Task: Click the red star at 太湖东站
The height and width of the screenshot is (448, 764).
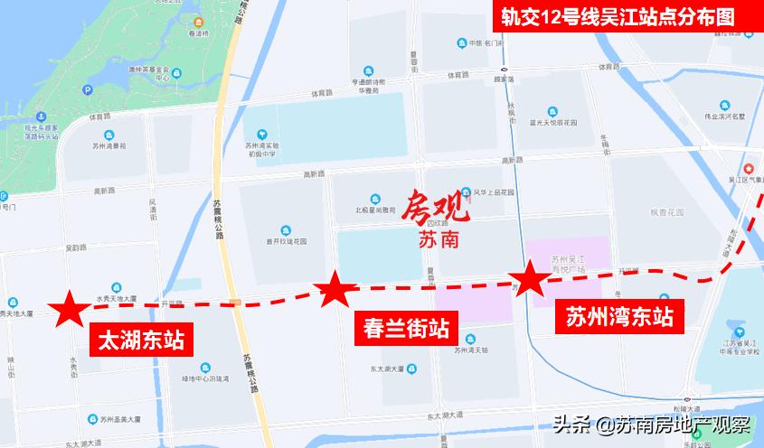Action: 68,309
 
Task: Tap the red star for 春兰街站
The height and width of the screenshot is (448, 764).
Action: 335,290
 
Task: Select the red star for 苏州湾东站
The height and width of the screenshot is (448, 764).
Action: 529,280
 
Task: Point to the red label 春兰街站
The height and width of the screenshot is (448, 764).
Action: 406,325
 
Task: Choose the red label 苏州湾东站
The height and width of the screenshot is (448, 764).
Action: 619,316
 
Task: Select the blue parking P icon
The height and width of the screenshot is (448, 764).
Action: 88,89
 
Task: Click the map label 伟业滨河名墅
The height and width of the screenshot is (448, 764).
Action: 724,117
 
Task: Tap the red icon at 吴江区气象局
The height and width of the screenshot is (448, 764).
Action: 748,169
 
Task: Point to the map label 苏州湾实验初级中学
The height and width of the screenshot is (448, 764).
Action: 261,148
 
